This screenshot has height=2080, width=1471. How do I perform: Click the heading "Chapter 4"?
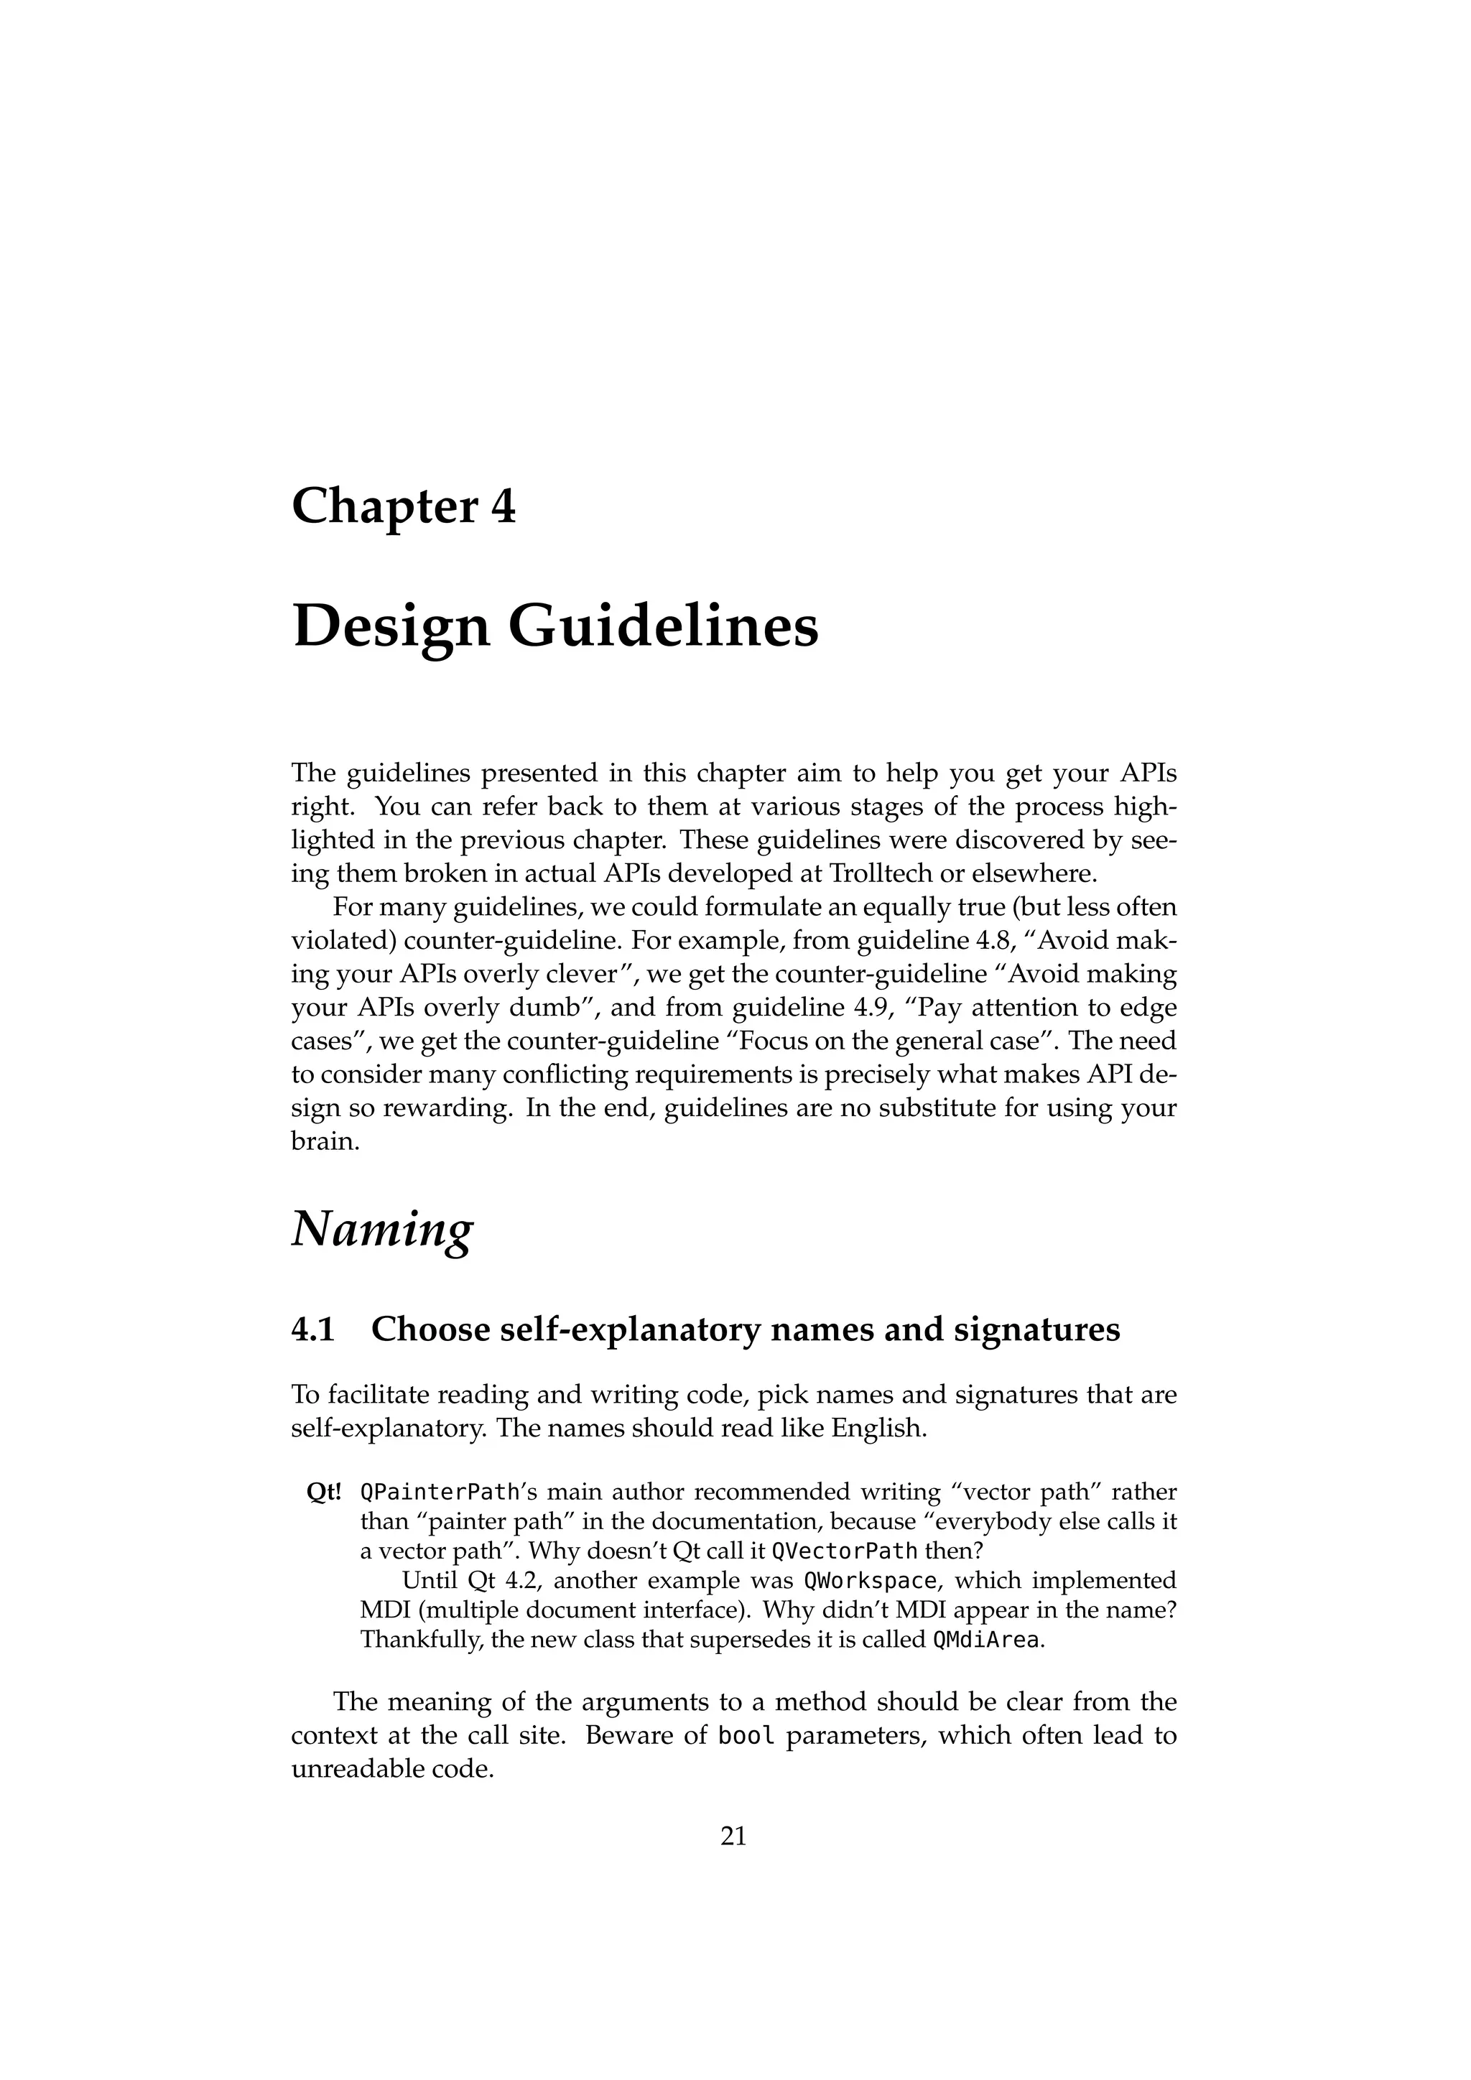[x=403, y=506]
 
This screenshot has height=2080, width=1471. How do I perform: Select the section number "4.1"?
[x=313, y=1329]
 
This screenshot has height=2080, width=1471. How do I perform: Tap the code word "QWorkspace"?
[x=870, y=1581]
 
